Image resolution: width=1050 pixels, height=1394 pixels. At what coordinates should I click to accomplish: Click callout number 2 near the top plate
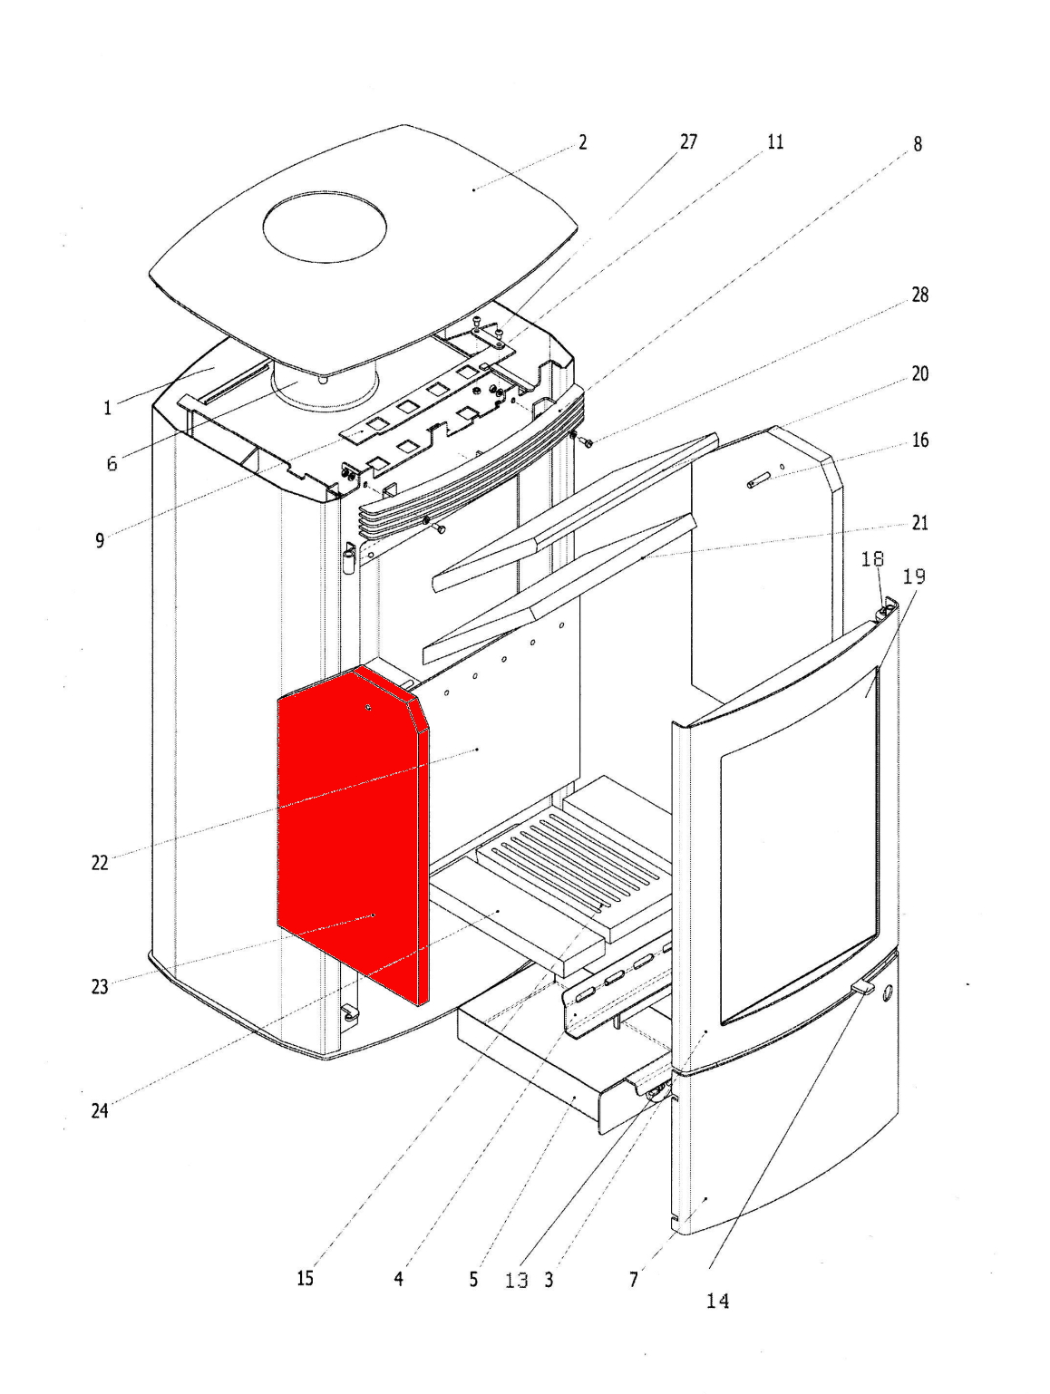[583, 142]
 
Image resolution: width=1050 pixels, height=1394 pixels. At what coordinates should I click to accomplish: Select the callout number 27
[688, 142]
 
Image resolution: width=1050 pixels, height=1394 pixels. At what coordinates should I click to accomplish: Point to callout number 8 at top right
[918, 144]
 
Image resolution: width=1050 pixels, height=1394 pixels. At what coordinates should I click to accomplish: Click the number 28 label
[919, 295]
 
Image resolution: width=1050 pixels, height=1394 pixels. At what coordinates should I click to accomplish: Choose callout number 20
[919, 374]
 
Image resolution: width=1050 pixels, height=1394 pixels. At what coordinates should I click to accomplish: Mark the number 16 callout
[919, 440]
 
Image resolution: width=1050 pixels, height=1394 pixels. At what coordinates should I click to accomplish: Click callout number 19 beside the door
[914, 576]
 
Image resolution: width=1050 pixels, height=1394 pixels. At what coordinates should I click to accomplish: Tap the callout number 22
[100, 863]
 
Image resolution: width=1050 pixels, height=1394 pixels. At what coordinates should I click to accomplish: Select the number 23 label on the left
[100, 987]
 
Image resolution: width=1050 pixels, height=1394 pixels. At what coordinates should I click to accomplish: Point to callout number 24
[100, 1111]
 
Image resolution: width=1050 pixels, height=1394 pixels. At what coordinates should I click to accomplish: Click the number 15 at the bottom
[305, 1278]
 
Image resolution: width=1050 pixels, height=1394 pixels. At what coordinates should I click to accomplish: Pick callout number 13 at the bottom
[516, 1281]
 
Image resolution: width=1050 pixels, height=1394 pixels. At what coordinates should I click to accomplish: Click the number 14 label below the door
[717, 1302]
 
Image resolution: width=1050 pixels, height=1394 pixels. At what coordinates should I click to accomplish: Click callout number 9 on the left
[100, 541]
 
